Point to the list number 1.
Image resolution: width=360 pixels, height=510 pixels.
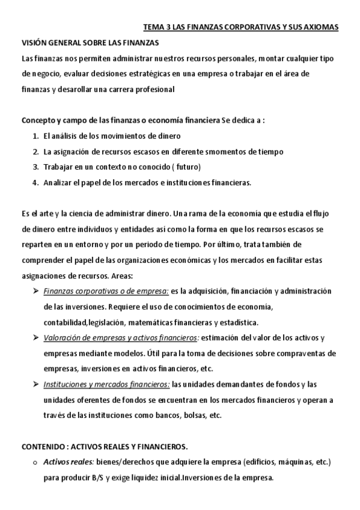point(35,136)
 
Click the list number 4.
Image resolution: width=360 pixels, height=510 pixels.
point(35,182)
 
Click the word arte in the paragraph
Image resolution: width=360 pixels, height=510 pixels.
point(43,214)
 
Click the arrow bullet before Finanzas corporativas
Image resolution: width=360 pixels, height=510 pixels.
point(35,292)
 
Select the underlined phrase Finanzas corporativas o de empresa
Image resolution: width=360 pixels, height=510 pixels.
point(106,292)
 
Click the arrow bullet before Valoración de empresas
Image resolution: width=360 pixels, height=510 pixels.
point(35,338)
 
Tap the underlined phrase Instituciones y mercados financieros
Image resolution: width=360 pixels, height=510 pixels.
point(107,385)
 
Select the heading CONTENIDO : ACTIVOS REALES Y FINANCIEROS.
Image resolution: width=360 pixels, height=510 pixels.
point(105,446)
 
